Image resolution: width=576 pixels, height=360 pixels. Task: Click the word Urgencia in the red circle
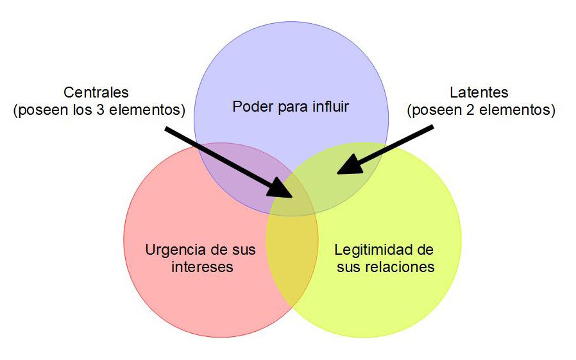pyautogui.click(x=171, y=250)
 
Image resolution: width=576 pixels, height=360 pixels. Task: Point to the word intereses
pyautogui.click(x=201, y=266)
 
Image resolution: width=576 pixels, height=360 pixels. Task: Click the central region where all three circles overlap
pyautogui.click(x=292, y=202)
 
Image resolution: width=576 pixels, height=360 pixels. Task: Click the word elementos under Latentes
pyautogui.click(x=520, y=110)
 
